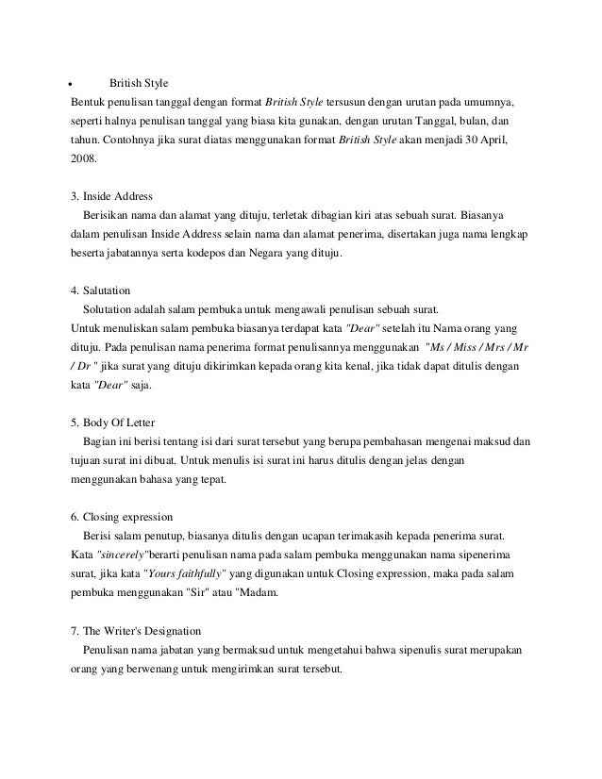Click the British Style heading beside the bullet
click(x=138, y=84)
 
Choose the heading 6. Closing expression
click(x=122, y=518)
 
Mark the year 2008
click(x=84, y=159)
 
